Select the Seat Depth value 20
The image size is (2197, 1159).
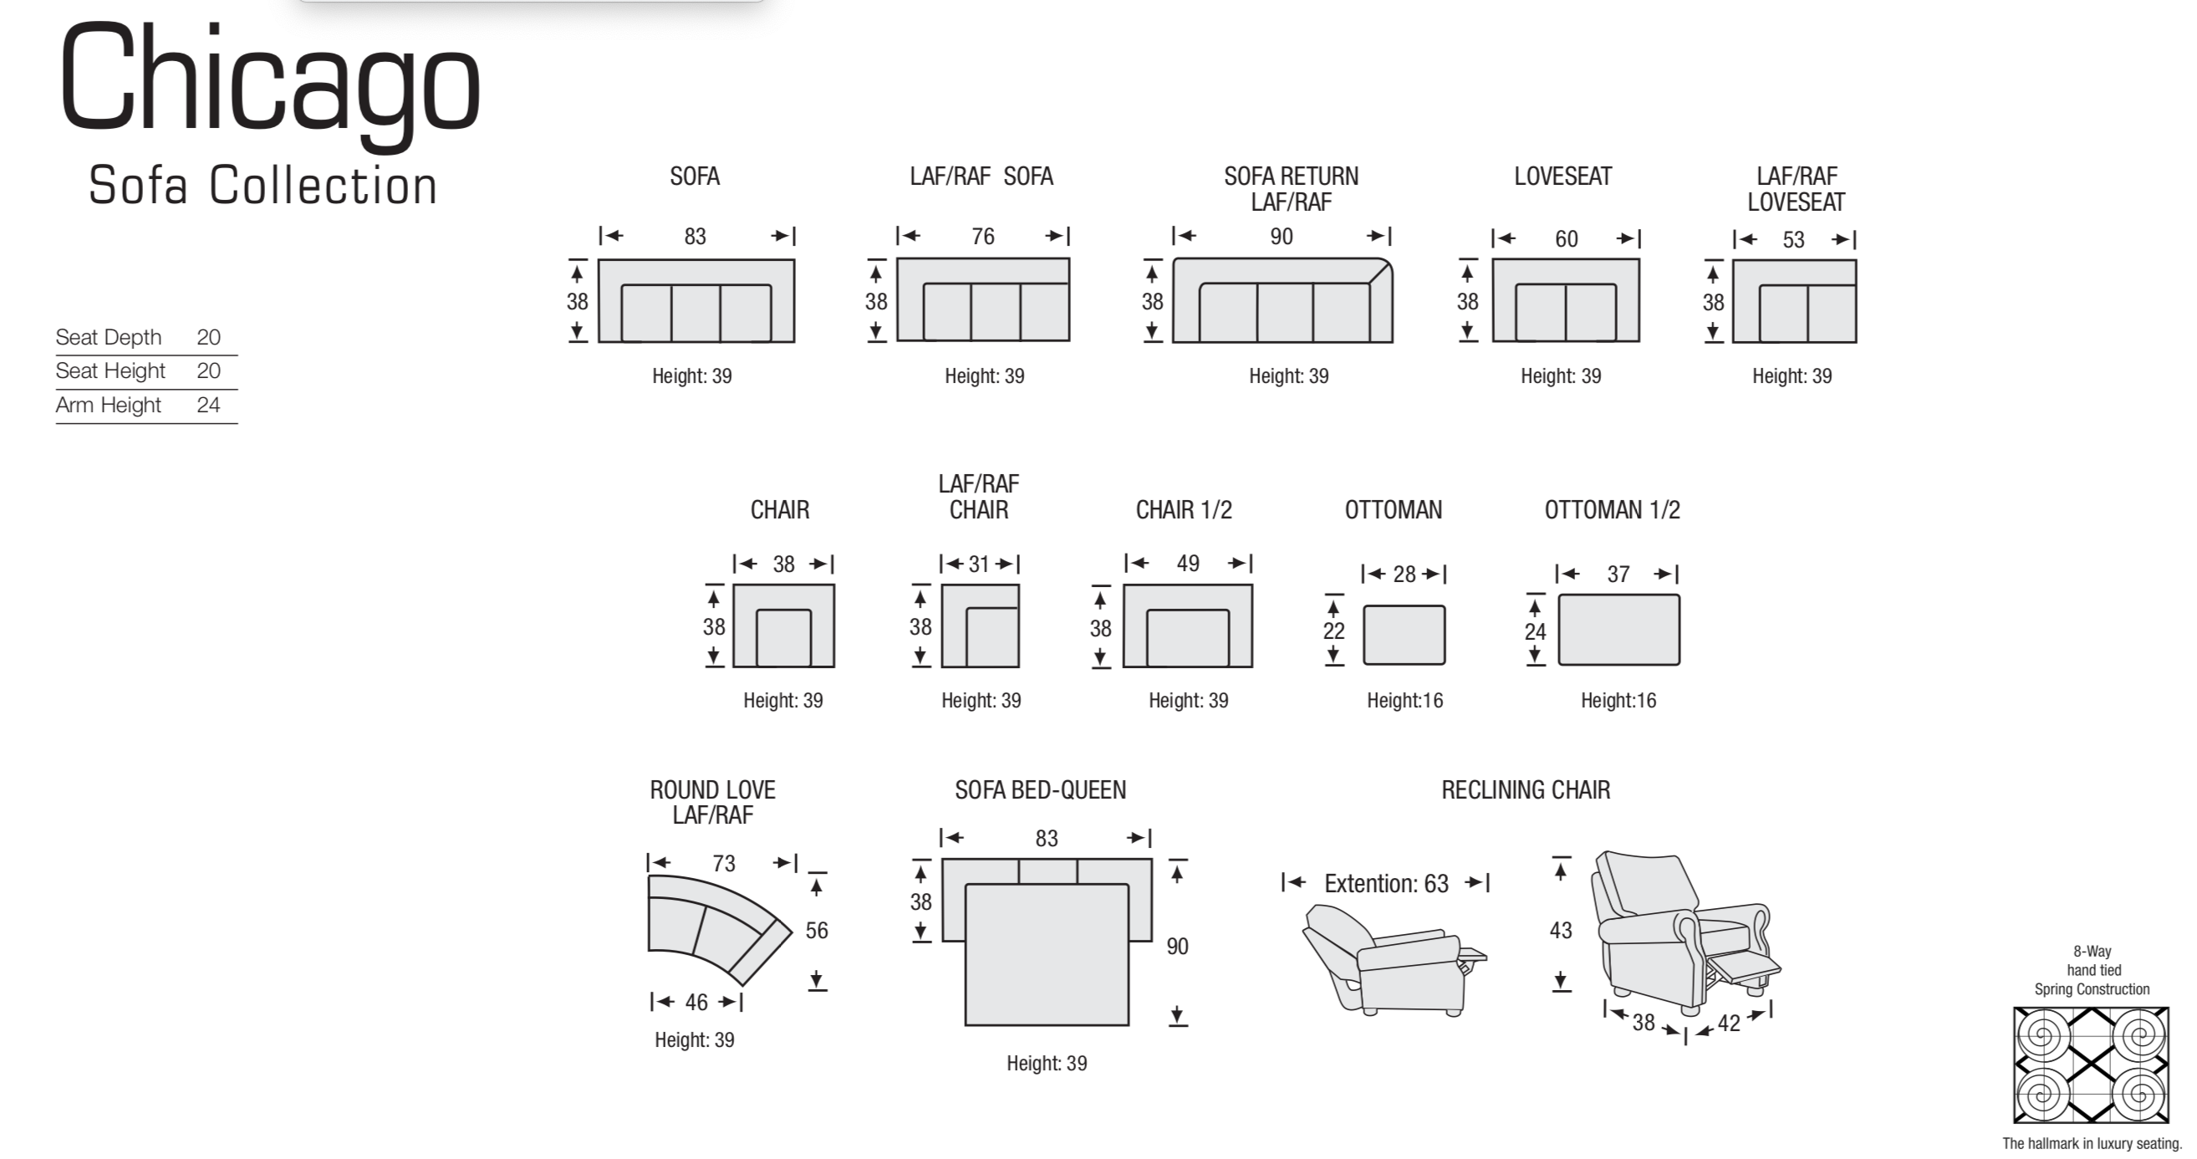click(209, 337)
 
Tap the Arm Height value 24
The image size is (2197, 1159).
click(209, 404)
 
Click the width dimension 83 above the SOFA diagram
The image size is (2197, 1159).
click(695, 237)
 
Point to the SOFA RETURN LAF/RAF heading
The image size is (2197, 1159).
click(1292, 188)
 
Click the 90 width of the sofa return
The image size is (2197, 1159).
click(1281, 237)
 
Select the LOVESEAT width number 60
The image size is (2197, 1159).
click(1566, 239)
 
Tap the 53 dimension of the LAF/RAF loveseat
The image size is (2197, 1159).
click(1793, 240)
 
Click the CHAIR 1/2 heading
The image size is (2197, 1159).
click(1184, 510)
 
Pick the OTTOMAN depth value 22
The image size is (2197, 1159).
click(1334, 631)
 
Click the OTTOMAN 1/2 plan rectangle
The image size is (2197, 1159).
click(1618, 630)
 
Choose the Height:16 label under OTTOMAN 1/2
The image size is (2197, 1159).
click(1618, 700)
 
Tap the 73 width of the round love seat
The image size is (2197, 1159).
click(724, 863)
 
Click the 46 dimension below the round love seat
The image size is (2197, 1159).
click(696, 1002)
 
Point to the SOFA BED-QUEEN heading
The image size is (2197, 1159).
click(1041, 789)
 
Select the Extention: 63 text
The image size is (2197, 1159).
click(1386, 884)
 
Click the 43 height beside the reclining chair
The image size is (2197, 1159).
click(1561, 930)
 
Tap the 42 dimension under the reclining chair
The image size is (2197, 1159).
click(1729, 1023)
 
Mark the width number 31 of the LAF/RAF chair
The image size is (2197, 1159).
click(979, 564)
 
